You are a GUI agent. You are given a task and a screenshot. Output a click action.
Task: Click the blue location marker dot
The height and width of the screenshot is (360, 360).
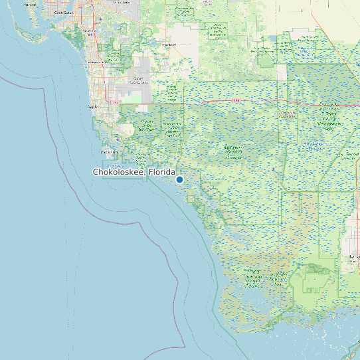(179, 179)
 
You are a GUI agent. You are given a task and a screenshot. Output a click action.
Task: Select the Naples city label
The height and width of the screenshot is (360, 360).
(92, 106)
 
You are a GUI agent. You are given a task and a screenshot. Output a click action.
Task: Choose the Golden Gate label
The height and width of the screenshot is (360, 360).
(139, 80)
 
